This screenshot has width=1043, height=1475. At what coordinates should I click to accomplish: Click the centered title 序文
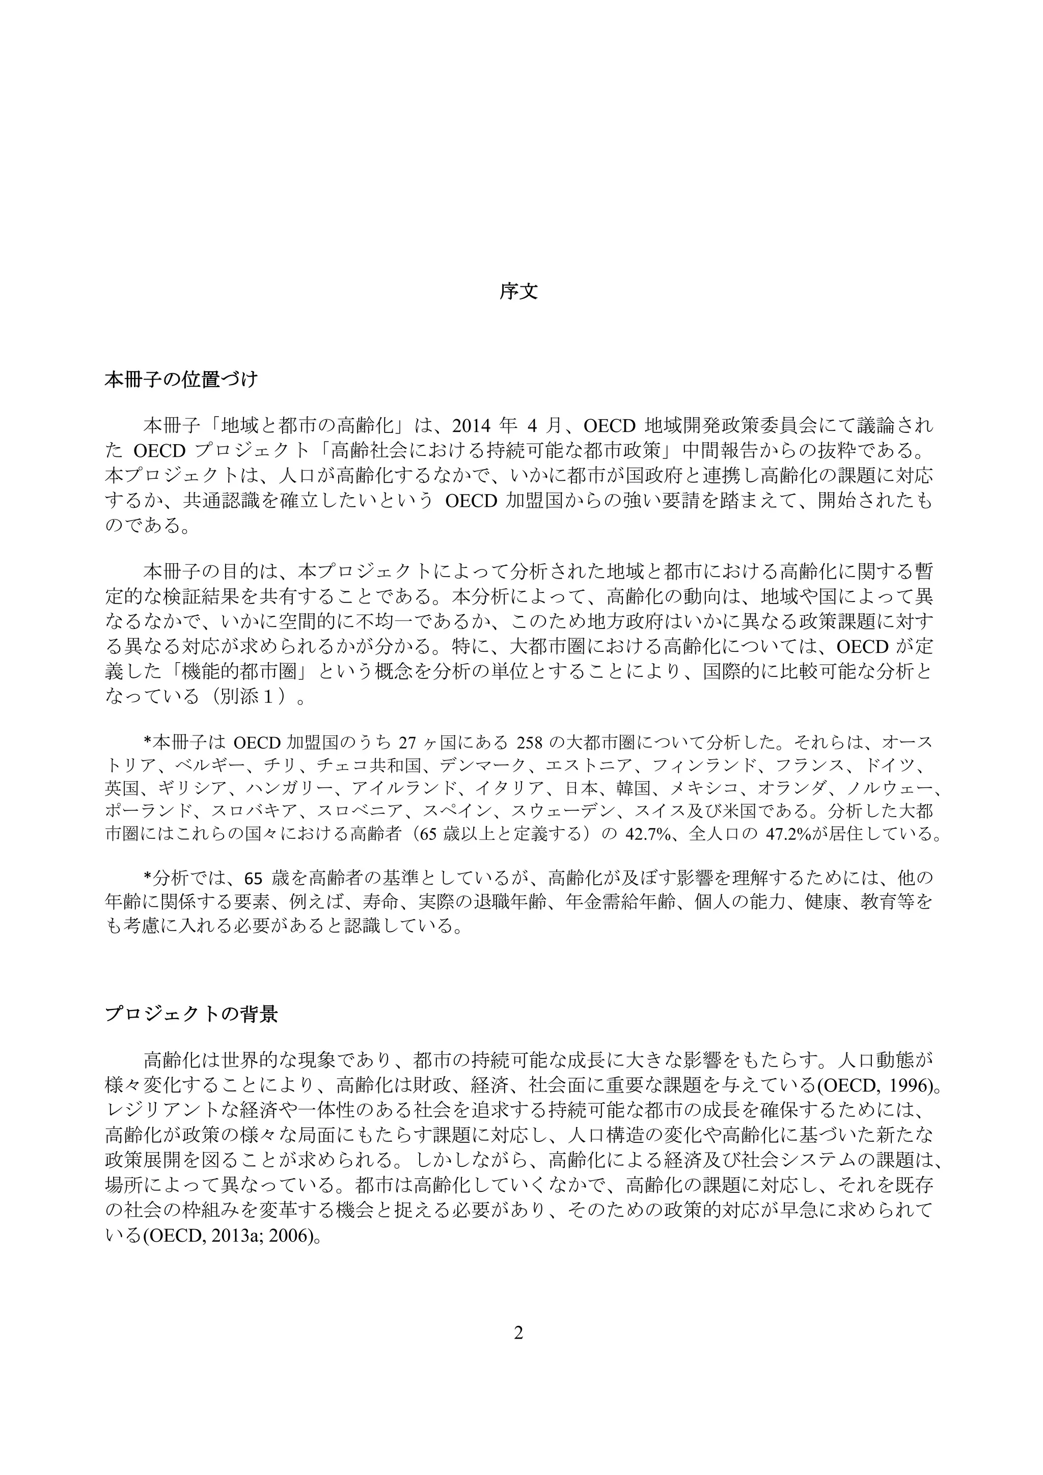pyautogui.click(x=519, y=292)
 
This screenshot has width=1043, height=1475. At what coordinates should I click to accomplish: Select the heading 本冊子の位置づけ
pyautogui.click(x=181, y=379)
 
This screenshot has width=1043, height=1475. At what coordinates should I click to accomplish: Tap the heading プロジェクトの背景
pyautogui.click(x=191, y=1015)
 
